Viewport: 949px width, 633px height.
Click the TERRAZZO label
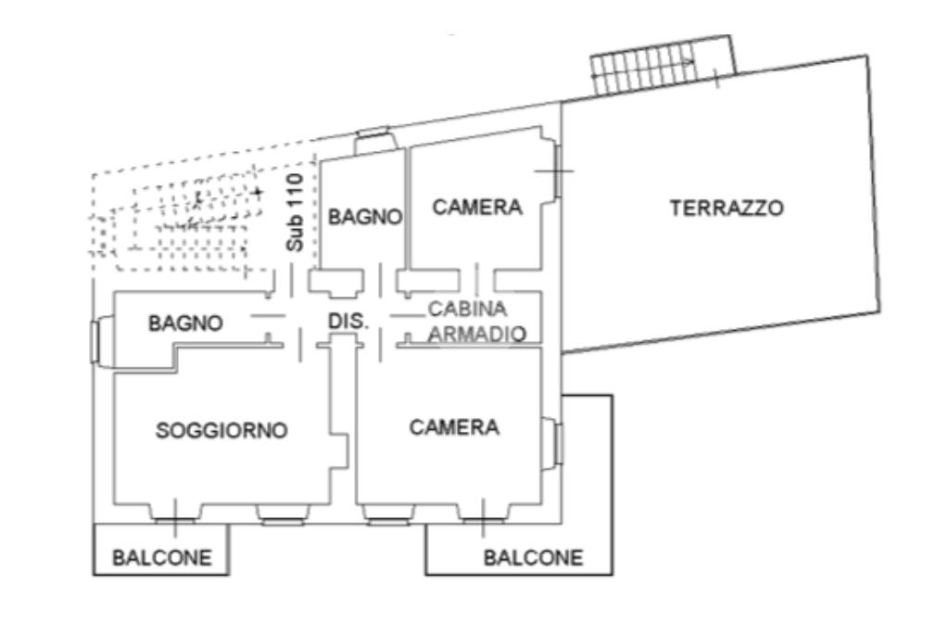(x=727, y=209)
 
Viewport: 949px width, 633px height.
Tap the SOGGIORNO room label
(x=221, y=430)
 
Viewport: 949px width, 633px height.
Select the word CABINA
(x=467, y=310)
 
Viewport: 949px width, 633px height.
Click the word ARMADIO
(x=477, y=334)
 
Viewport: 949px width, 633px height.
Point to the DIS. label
(x=348, y=321)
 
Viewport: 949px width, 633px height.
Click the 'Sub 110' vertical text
(x=295, y=212)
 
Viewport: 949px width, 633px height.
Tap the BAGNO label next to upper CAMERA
(x=365, y=217)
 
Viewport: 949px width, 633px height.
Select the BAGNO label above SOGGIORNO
(x=185, y=323)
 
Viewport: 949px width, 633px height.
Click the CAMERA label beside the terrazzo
(x=477, y=207)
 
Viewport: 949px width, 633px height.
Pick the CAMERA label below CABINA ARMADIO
(x=454, y=427)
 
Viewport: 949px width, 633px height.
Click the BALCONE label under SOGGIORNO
(x=162, y=557)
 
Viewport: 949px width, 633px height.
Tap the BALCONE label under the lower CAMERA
(x=533, y=557)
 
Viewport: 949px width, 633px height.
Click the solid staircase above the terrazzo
(x=663, y=65)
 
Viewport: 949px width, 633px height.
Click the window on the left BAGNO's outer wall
(x=95, y=343)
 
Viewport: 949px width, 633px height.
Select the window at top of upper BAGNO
(x=373, y=133)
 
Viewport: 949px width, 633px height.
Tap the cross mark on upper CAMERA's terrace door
(x=554, y=171)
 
